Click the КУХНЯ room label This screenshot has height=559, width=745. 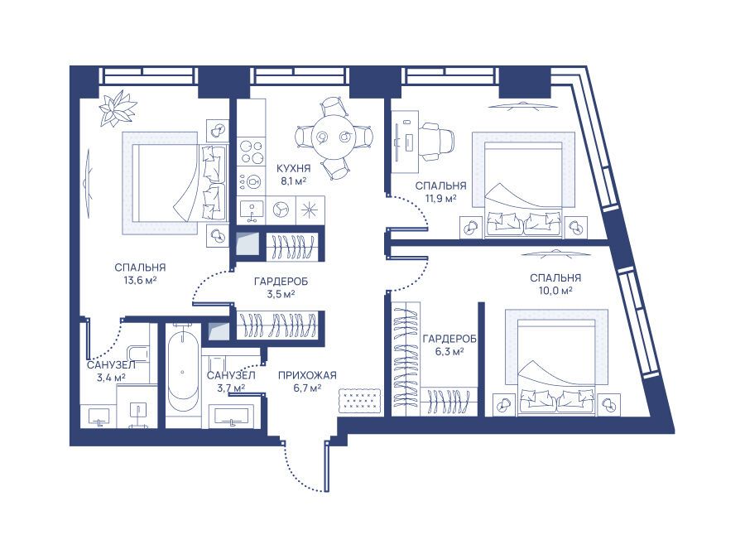tap(293, 169)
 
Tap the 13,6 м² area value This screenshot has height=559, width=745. tap(140, 280)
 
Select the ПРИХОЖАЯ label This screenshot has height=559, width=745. tap(307, 375)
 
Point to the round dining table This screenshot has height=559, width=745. tap(334, 137)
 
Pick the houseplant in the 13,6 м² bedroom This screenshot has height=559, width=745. tap(118, 108)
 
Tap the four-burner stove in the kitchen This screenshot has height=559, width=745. tap(252, 152)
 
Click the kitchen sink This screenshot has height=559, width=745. tap(252, 210)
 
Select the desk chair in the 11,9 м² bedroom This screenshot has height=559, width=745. tap(436, 141)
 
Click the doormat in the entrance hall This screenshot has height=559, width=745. tap(359, 399)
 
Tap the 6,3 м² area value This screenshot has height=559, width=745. tap(449, 352)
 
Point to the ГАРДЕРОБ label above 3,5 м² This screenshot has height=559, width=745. tap(281, 282)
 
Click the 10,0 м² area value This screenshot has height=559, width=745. tap(555, 291)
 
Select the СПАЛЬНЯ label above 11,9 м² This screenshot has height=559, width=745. tap(441, 186)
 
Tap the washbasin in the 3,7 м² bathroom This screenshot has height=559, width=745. tap(231, 416)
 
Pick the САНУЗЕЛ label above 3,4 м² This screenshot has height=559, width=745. tap(111, 365)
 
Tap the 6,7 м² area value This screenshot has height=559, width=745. tap(307, 388)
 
